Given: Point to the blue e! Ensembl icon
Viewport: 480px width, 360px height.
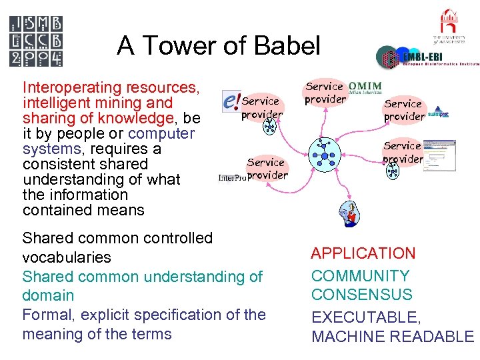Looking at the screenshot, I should point(231,101).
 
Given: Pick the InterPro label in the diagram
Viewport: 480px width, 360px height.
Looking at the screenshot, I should point(232,177).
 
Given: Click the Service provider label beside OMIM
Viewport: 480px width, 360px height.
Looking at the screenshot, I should point(325,93).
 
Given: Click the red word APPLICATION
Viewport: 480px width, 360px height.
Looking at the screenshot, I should point(363,253).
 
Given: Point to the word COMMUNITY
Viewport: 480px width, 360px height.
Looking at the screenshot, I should point(360,276).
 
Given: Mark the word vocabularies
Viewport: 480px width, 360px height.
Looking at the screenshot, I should point(66,257).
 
